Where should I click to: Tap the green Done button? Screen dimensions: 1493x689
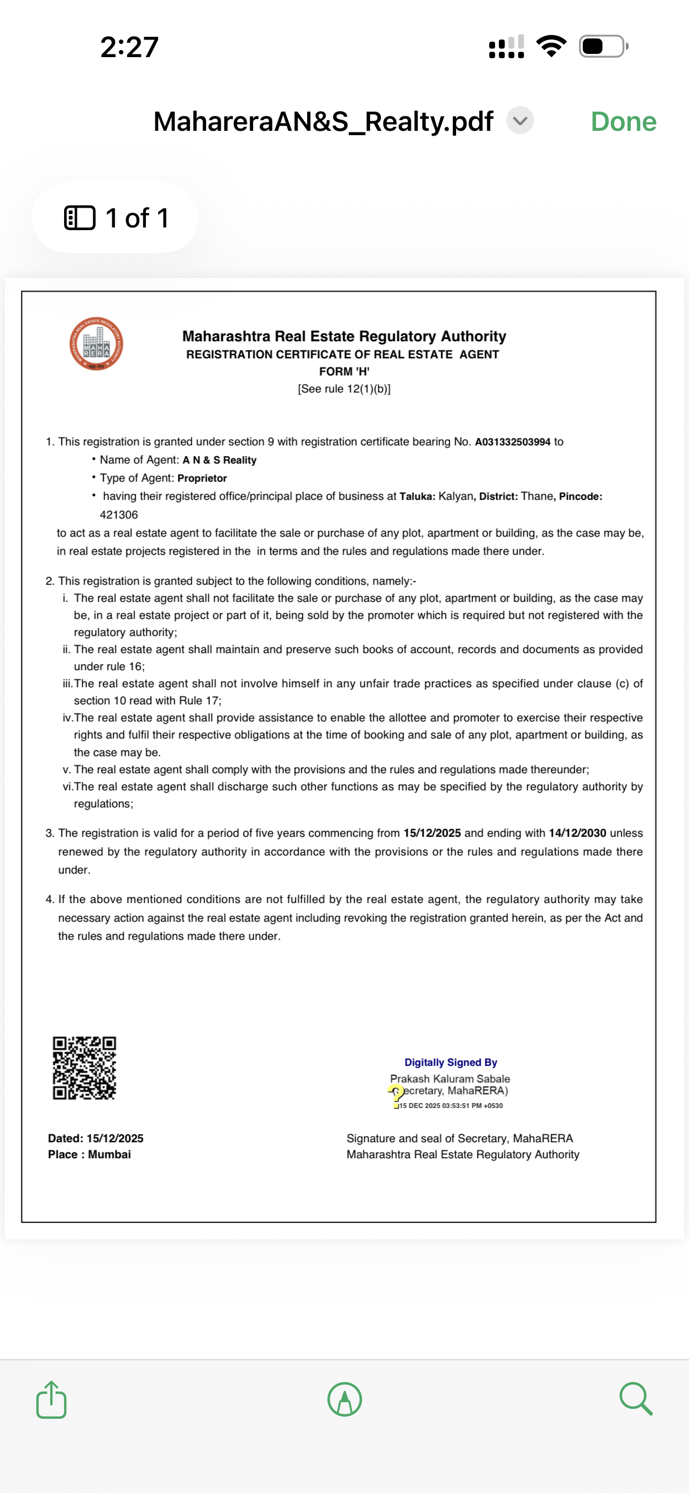[x=623, y=122]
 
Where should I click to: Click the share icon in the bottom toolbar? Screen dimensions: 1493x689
[x=52, y=1400]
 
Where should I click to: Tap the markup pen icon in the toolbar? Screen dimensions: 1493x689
[x=344, y=1400]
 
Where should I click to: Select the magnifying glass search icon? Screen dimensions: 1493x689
[x=636, y=1398]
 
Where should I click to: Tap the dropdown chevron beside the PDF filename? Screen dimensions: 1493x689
[x=520, y=121]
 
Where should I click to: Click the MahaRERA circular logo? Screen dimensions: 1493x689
[x=96, y=344]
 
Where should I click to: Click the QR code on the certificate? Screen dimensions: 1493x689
[x=85, y=1067]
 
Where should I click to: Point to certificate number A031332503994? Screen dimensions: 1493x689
[x=512, y=442]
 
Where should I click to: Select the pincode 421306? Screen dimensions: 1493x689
[x=119, y=515]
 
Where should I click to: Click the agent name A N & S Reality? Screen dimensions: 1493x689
[x=219, y=460]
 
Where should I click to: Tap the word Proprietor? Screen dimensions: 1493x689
[x=202, y=478]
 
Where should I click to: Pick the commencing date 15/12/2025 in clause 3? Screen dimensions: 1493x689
[x=432, y=833]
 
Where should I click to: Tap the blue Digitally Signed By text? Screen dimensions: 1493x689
[x=451, y=1063]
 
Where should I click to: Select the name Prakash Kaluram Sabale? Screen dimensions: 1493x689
[x=450, y=1079]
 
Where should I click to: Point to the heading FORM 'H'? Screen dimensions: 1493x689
[x=344, y=372]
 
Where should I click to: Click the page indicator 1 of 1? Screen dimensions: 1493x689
[x=115, y=218]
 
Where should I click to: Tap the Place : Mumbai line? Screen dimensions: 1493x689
[x=89, y=1154]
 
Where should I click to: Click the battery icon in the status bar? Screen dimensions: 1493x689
[x=603, y=46]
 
